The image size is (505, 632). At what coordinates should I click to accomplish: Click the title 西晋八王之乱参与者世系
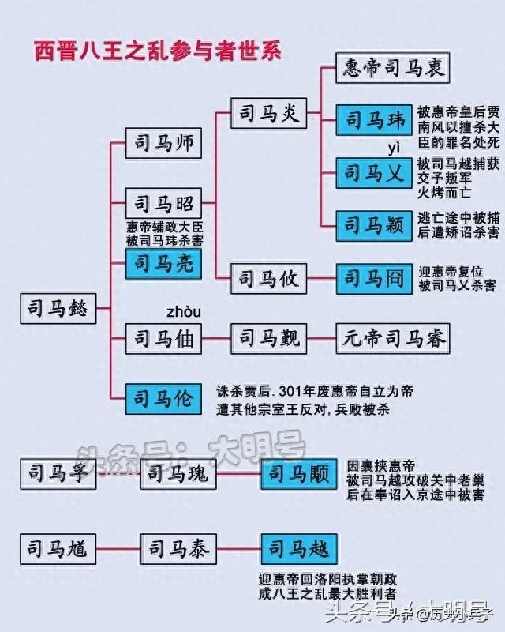[157, 51]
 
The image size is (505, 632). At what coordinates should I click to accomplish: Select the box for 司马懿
[58, 308]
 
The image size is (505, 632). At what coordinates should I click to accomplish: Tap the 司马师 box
[163, 143]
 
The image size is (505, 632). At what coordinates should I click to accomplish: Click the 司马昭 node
[163, 203]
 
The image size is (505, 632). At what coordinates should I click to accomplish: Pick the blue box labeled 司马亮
[163, 264]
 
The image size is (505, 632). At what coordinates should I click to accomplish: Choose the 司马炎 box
[268, 113]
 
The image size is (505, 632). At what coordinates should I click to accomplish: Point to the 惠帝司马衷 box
[393, 68]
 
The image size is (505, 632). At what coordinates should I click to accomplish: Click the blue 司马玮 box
[374, 120]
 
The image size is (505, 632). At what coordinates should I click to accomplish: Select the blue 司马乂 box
[374, 173]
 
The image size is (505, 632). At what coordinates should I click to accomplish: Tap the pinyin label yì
[395, 149]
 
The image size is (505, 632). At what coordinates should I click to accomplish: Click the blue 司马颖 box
[374, 226]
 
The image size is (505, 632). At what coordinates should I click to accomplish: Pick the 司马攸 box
[268, 279]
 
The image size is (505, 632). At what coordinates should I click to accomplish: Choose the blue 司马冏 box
[374, 279]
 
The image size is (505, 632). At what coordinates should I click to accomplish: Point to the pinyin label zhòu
[184, 312]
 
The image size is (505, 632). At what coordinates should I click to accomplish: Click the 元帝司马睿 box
[393, 339]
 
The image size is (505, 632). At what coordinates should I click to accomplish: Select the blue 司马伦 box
[163, 399]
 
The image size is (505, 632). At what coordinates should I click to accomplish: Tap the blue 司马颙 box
[299, 474]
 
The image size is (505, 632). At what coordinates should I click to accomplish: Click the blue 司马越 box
[299, 549]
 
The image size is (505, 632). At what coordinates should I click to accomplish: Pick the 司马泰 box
[178, 549]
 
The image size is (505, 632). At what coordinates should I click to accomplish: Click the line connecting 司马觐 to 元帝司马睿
[321, 339]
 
